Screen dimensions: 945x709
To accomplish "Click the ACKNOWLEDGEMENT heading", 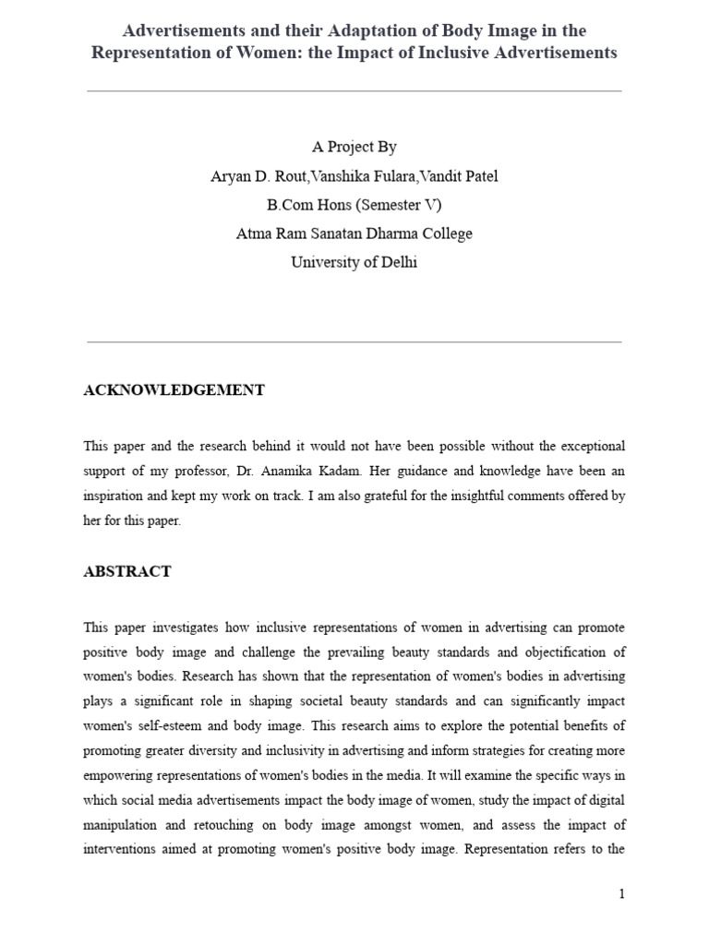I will tap(174, 390).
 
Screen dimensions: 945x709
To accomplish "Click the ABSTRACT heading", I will tap(127, 571).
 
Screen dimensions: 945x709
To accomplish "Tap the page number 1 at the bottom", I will tap(622, 893).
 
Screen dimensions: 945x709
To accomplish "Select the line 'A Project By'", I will tap(354, 147).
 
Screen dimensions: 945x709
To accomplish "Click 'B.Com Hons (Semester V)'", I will tap(354, 205).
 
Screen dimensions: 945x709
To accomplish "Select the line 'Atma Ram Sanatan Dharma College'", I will tap(354, 233).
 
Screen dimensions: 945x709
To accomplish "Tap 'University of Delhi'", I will tap(354, 262).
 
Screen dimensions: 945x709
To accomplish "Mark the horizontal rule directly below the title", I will tap(354, 91).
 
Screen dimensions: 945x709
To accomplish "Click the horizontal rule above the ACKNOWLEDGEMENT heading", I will tap(354, 341).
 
